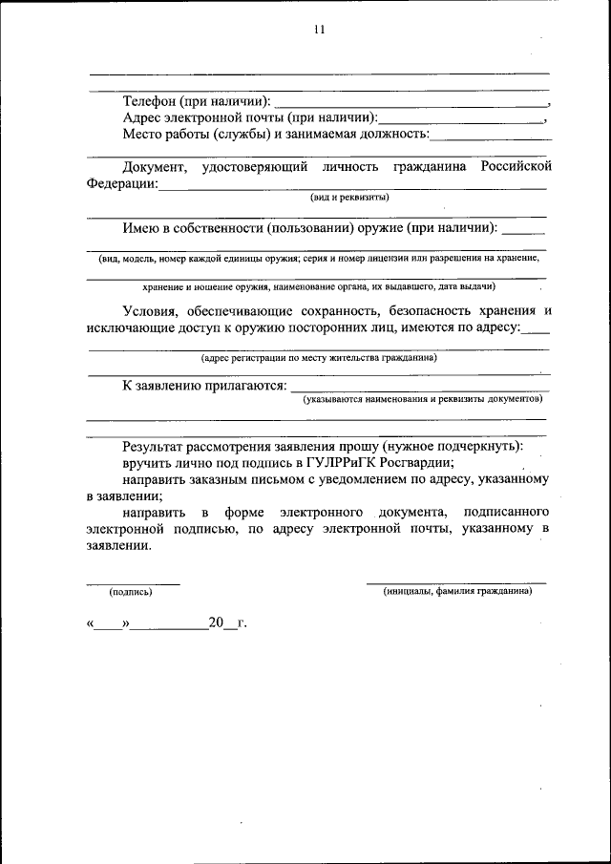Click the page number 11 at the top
[319, 30]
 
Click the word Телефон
[153, 101]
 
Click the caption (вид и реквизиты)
[348, 198]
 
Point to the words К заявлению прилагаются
[204, 386]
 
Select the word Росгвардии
[419, 462]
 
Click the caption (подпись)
[132, 592]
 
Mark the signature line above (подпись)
[133, 583]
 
